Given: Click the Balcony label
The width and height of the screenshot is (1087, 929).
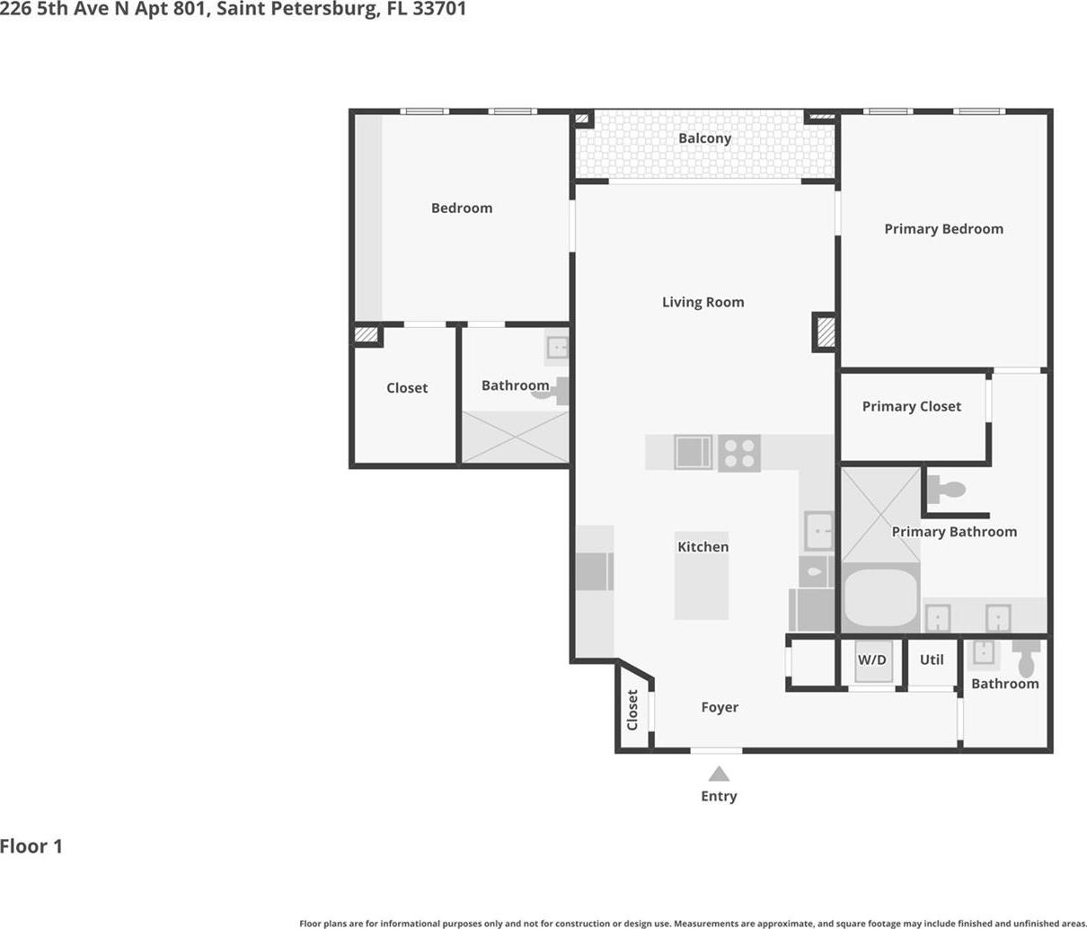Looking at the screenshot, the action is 704,138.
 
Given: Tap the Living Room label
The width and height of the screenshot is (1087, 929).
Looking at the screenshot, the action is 703,303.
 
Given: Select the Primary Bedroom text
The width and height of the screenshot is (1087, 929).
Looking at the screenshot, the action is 944,229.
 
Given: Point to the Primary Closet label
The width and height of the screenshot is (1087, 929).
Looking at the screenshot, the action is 911,407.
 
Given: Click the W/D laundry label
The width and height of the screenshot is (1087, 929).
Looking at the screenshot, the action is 872,659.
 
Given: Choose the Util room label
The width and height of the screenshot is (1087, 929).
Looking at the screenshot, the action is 932,659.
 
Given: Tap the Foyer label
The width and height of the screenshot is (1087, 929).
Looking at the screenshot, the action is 720,708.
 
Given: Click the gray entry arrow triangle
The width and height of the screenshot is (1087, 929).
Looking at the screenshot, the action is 719,774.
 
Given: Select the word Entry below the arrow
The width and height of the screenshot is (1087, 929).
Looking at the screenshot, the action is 719,796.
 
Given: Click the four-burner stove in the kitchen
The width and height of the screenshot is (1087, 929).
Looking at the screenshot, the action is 739,453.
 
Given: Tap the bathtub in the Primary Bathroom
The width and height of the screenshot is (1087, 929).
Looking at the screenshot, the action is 880,598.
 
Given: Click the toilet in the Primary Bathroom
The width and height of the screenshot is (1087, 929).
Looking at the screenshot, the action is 946,490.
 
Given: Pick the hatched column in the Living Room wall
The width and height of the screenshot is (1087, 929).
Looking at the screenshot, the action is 826,332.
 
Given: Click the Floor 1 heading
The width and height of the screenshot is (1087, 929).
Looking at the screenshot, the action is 31,846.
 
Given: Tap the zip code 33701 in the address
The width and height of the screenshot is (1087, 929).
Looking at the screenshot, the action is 439,9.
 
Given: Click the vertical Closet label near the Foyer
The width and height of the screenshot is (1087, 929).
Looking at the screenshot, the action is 632,710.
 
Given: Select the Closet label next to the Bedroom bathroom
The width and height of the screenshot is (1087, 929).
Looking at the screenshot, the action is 407,388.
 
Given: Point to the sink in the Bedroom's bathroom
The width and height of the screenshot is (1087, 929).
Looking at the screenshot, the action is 557,348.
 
